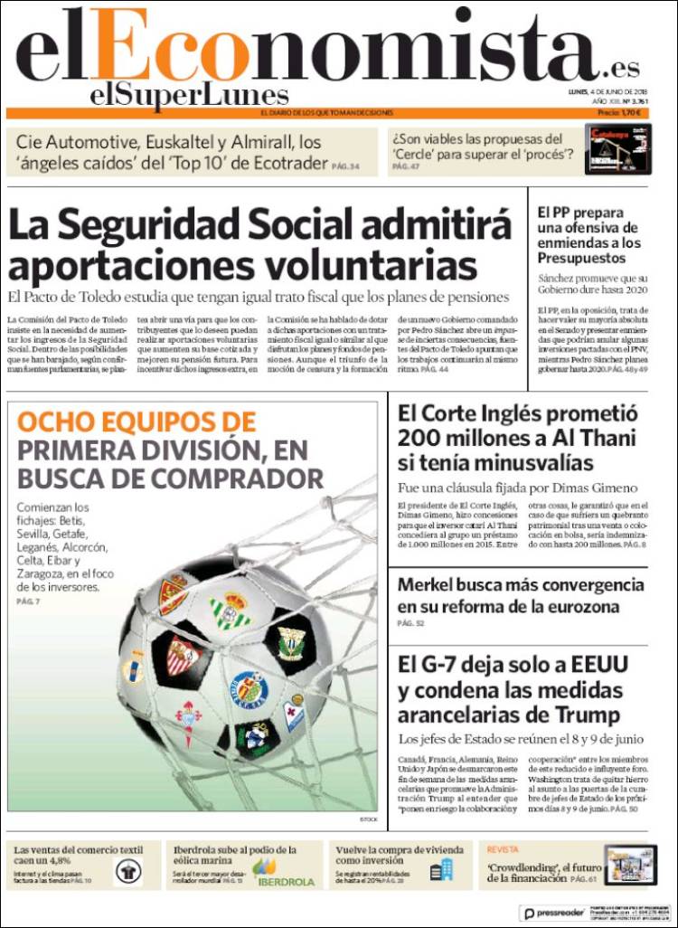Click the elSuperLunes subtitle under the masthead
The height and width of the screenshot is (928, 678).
pos(189,95)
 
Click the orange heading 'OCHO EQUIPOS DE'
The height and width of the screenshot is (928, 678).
pos(137,421)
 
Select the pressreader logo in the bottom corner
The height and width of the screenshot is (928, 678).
pos(552,914)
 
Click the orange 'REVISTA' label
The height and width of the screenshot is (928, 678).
pos(503,850)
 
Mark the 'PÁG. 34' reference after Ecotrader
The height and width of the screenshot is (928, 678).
pos(344,166)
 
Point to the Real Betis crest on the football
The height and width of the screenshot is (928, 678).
pos(231,610)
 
